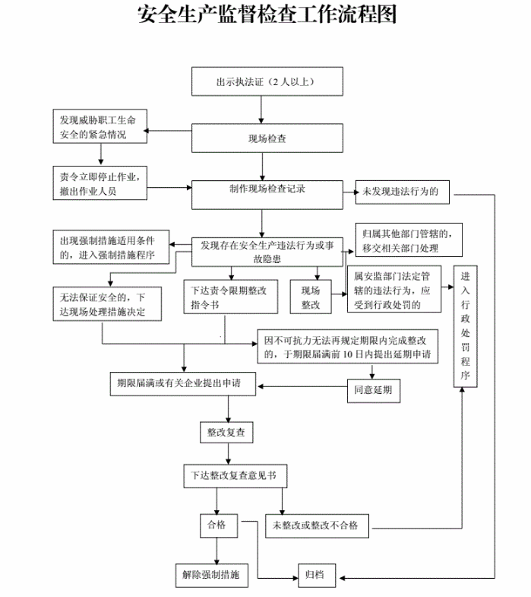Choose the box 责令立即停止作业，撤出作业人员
click(x=100, y=183)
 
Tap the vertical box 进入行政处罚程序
click(x=466, y=327)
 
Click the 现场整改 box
click(x=311, y=297)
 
